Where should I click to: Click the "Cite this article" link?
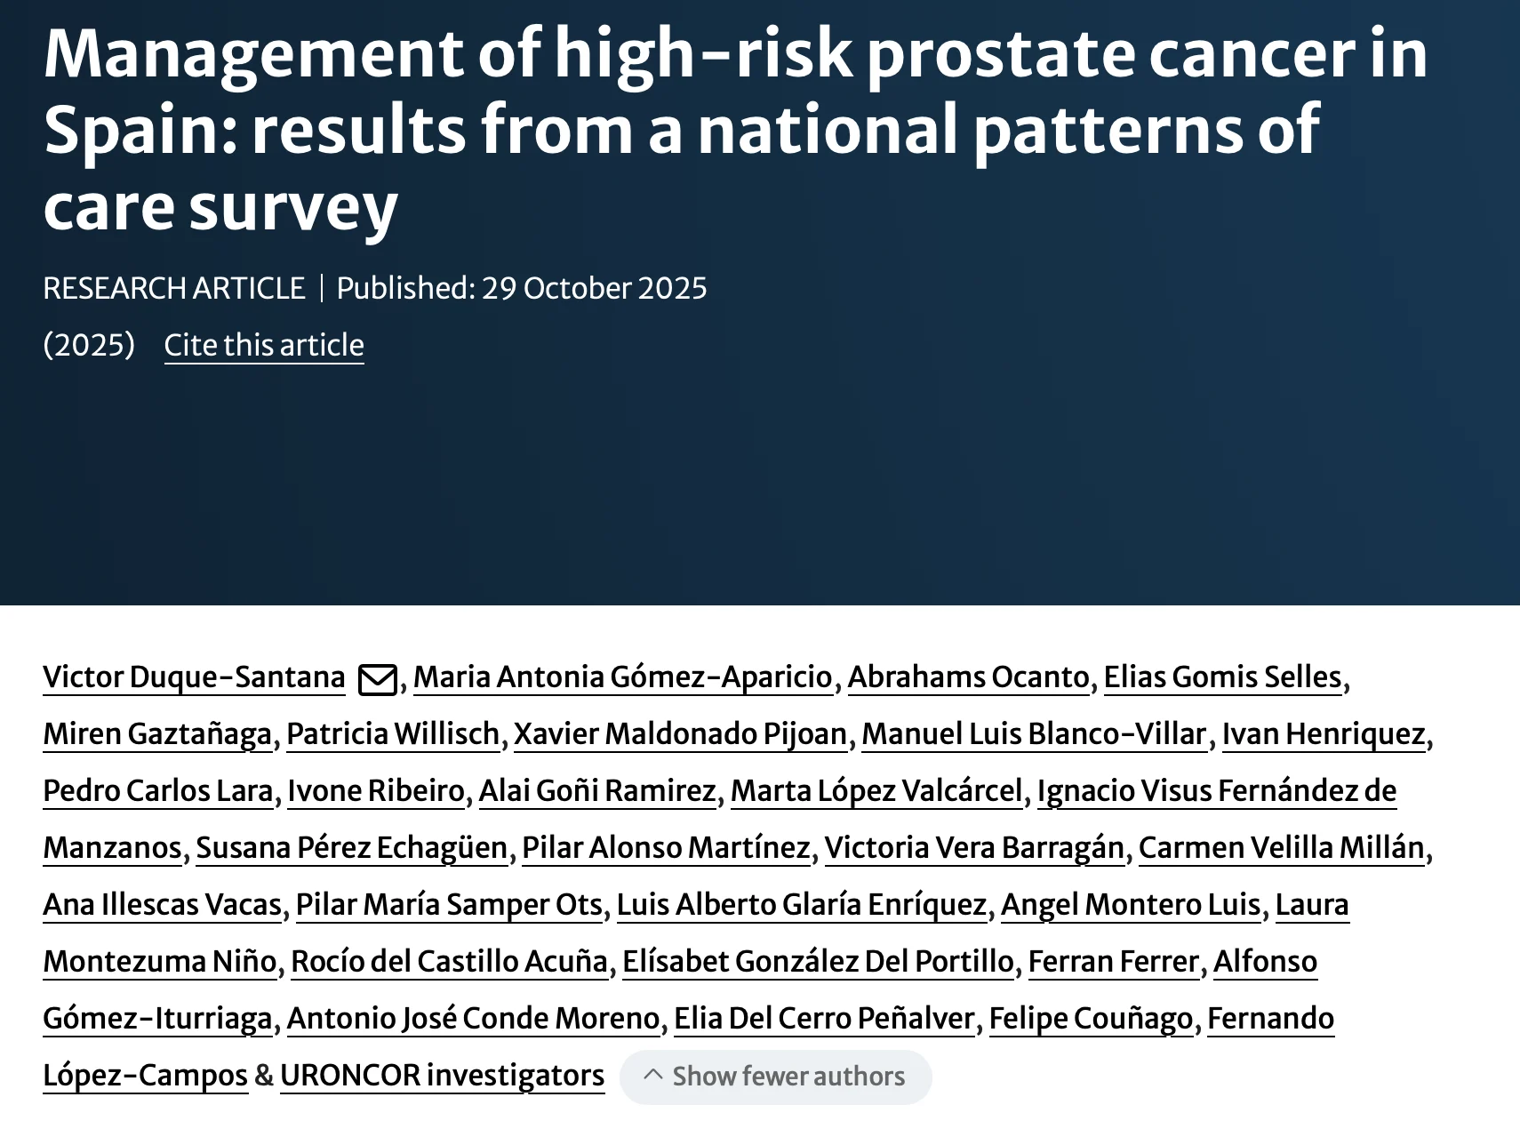point(264,345)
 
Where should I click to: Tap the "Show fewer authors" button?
point(775,1077)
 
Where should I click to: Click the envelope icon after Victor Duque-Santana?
point(377,680)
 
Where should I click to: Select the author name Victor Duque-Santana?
point(194,677)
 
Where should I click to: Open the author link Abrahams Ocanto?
point(968,677)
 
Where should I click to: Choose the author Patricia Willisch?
point(393,734)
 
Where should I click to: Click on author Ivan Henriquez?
point(1324,734)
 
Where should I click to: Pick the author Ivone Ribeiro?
point(376,791)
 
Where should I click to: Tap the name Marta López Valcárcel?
point(876,791)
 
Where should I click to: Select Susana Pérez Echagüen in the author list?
point(352,848)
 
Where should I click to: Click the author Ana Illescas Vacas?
point(162,905)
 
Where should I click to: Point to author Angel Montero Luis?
point(1131,905)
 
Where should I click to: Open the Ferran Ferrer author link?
point(1114,962)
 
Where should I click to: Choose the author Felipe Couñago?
point(1091,1019)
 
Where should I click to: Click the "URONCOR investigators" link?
point(442,1076)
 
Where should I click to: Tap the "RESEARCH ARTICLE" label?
point(173,288)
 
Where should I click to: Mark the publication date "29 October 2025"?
point(594,288)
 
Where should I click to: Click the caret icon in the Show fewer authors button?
point(653,1075)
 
